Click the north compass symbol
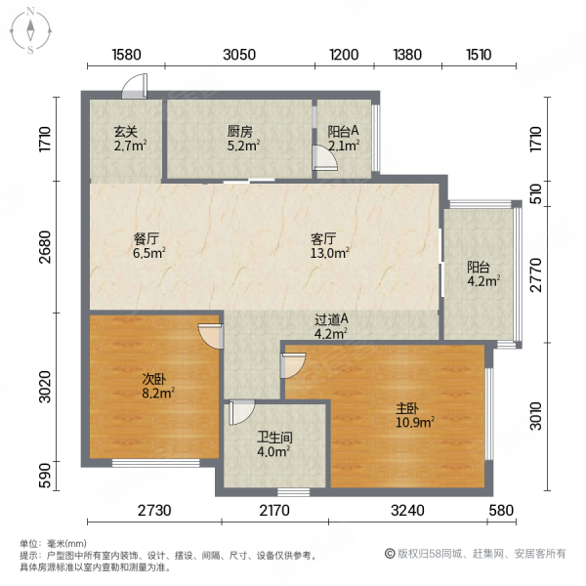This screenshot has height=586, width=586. click(x=31, y=30)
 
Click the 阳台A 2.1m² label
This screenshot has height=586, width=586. click(x=343, y=138)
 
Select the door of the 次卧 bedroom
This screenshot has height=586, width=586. click(x=209, y=334)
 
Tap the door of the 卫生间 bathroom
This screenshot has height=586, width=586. click(x=240, y=412)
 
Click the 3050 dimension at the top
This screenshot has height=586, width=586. click(x=239, y=55)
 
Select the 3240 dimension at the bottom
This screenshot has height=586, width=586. click(x=407, y=512)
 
